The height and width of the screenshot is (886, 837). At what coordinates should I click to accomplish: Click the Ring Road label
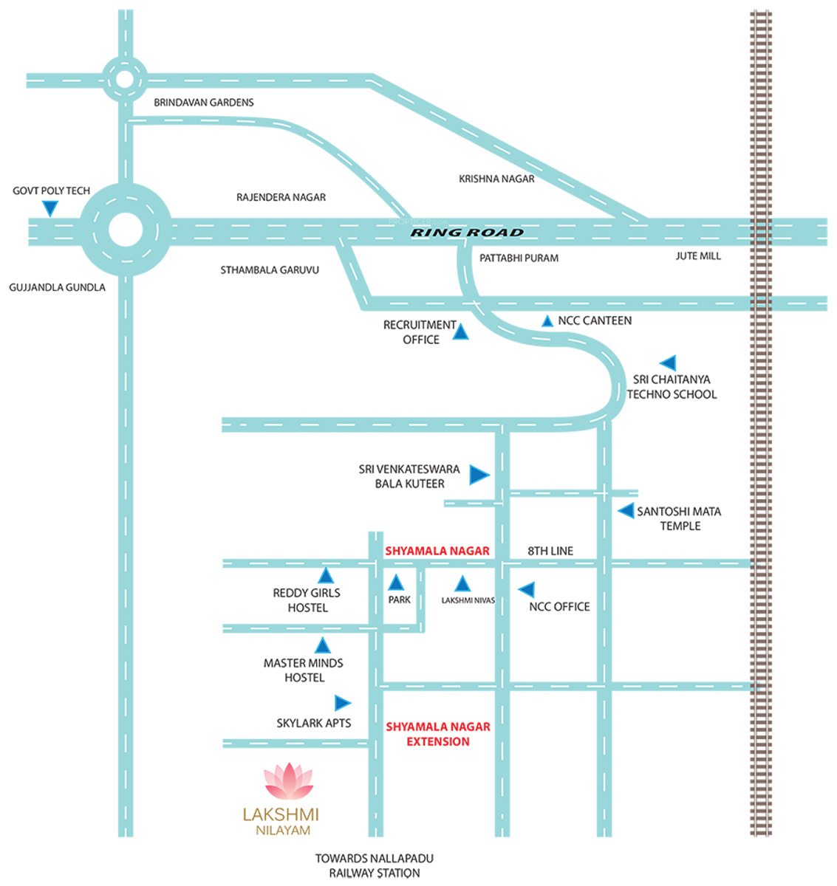[x=467, y=233]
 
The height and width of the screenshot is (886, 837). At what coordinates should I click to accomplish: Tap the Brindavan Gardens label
[x=204, y=103]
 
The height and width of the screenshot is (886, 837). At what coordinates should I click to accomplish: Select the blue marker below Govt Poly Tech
[x=49, y=209]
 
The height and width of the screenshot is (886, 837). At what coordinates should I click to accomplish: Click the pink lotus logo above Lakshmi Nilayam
[x=289, y=781]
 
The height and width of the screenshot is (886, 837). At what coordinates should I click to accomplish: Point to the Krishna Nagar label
[x=496, y=179]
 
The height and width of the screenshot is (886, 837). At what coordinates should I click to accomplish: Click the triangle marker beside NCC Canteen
[x=547, y=321]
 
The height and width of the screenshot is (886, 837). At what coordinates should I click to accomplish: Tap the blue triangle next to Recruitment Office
[x=460, y=332]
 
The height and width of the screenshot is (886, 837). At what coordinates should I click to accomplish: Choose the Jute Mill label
[x=698, y=256]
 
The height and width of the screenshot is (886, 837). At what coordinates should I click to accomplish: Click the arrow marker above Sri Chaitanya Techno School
[x=668, y=363]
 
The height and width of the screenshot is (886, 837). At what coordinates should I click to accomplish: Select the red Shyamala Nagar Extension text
[x=438, y=734]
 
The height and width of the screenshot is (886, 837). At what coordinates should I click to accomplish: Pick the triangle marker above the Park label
[x=397, y=582]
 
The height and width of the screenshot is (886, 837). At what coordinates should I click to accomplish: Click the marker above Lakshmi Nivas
[x=462, y=584]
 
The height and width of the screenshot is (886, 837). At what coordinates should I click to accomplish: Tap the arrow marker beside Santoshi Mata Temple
[x=626, y=510]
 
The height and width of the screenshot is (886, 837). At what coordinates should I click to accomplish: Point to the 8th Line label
[x=550, y=551]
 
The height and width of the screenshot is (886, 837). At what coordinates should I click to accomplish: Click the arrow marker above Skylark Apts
[x=342, y=703]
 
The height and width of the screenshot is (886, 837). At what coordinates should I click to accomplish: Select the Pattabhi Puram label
[x=519, y=258]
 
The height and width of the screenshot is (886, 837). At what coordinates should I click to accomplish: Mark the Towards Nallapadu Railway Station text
[x=375, y=865]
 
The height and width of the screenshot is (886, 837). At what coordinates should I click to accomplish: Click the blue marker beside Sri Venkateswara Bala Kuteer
[x=479, y=475]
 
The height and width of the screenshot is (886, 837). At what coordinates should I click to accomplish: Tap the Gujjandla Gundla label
[x=58, y=287]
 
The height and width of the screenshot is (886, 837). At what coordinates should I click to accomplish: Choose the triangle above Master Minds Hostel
[x=323, y=646]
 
